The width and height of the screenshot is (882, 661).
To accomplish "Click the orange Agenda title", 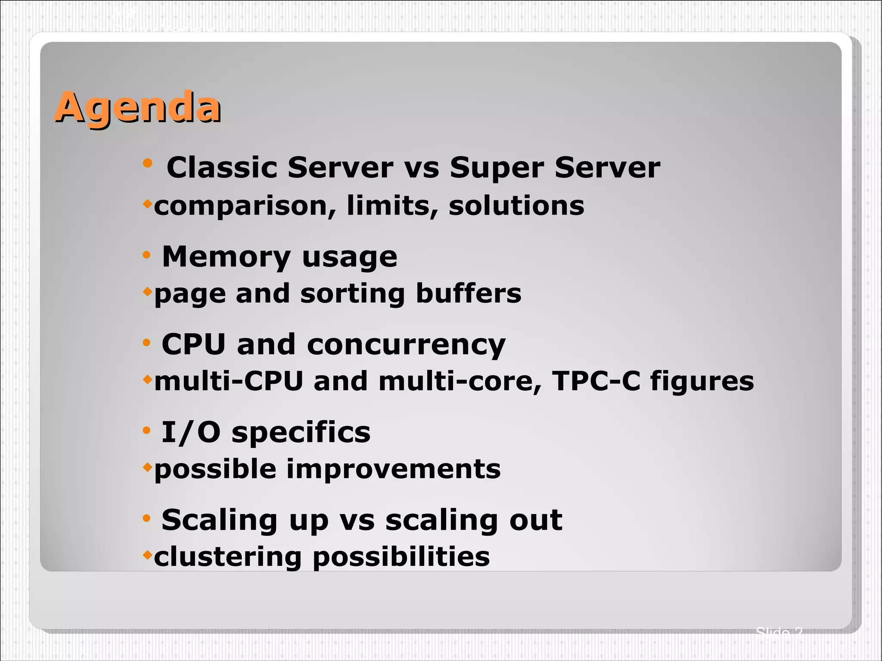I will click(x=137, y=108).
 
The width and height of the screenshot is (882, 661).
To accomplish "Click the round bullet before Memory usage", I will click(x=147, y=255).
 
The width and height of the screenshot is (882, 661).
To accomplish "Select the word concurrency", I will click(x=406, y=345).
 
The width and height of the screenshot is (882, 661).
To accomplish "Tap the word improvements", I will click(x=393, y=469).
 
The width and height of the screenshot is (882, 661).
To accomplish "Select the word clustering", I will click(x=228, y=557).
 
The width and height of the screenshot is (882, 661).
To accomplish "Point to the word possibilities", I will click(x=401, y=557).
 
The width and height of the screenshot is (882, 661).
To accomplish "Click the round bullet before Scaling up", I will click(x=147, y=518).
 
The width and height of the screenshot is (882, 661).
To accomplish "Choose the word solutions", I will click(x=516, y=205).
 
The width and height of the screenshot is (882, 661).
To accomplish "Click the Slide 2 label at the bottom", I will click(x=779, y=633).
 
